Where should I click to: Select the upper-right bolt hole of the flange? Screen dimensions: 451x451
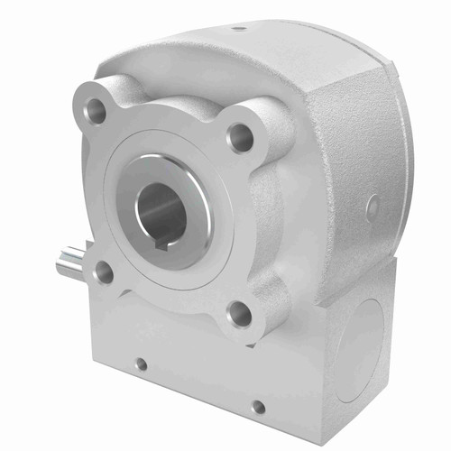241,137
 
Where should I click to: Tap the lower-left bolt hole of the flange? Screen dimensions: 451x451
104,271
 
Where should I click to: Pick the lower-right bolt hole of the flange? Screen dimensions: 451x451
238,313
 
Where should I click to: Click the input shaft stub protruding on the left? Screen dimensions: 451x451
70,262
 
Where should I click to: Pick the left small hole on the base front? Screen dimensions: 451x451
140,365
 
